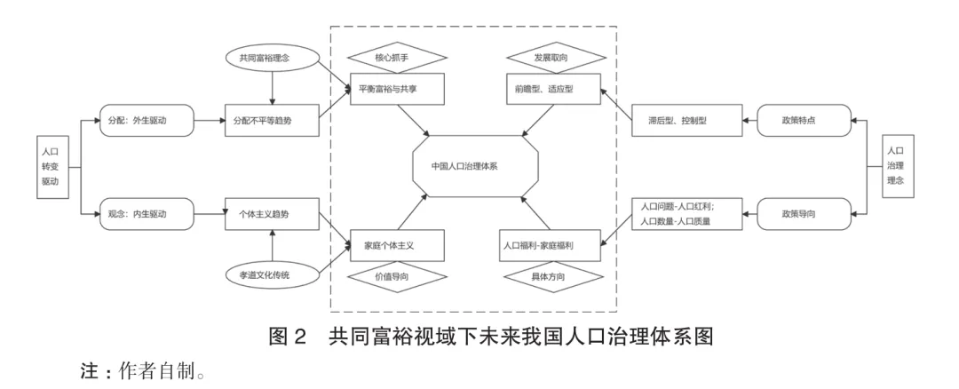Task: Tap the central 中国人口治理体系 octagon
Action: point(476,166)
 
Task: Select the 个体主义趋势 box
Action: point(272,214)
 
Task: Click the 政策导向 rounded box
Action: point(804,214)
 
